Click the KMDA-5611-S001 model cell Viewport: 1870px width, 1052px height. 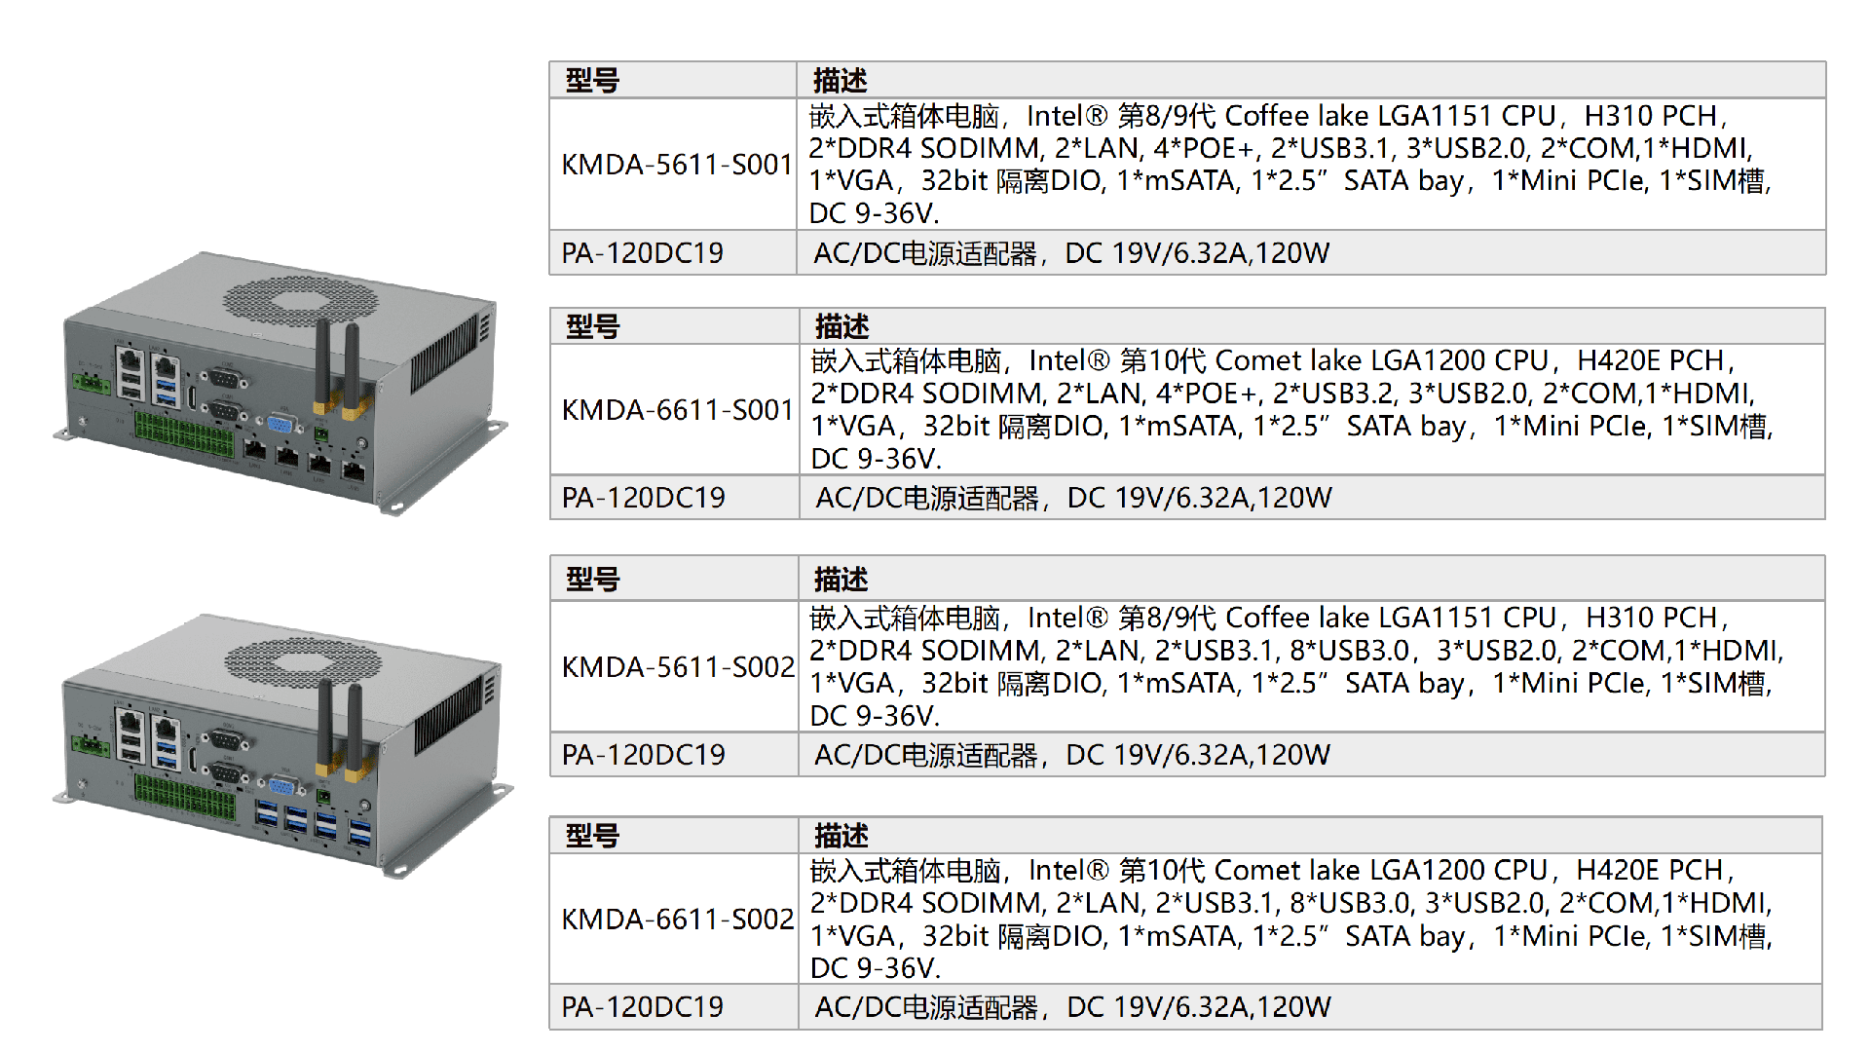point(677,165)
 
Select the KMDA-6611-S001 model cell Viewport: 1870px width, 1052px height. point(678,410)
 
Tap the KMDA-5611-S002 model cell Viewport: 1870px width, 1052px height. point(678,667)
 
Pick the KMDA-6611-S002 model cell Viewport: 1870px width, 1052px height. point(678,920)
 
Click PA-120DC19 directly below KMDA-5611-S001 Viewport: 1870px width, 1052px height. point(642,253)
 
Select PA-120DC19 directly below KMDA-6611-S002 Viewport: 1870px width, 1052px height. point(642,1007)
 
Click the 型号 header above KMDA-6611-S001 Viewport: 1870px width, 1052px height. point(592,326)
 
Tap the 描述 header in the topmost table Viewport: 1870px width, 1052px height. point(840,80)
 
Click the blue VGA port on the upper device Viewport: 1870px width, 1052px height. point(281,426)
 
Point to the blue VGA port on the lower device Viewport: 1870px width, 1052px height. point(282,787)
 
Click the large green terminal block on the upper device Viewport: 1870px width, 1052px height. point(184,435)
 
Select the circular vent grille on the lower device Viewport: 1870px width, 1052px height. point(303,662)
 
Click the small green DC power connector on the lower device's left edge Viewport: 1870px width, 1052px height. point(91,745)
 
